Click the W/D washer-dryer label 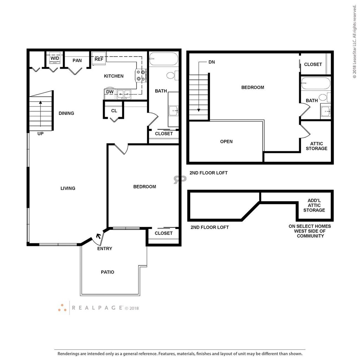pos(55,58)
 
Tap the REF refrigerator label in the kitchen pos(99,59)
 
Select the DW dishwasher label pos(110,92)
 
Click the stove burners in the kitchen pos(141,76)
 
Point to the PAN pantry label pos(77,60)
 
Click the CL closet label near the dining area pos(114,111)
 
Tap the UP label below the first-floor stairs pos(40,134)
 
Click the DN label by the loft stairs pos(212,62)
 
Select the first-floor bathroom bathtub pos(163,59)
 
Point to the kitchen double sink pos(124,94)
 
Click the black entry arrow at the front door pos(99,236)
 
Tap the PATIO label pos(108,272)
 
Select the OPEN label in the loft pos(226,142)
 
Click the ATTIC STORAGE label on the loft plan pos(317,146)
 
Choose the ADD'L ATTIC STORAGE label pos(314,205)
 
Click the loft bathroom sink pos(326,111)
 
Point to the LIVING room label pos(68,188)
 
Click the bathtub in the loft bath pos(316,83)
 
